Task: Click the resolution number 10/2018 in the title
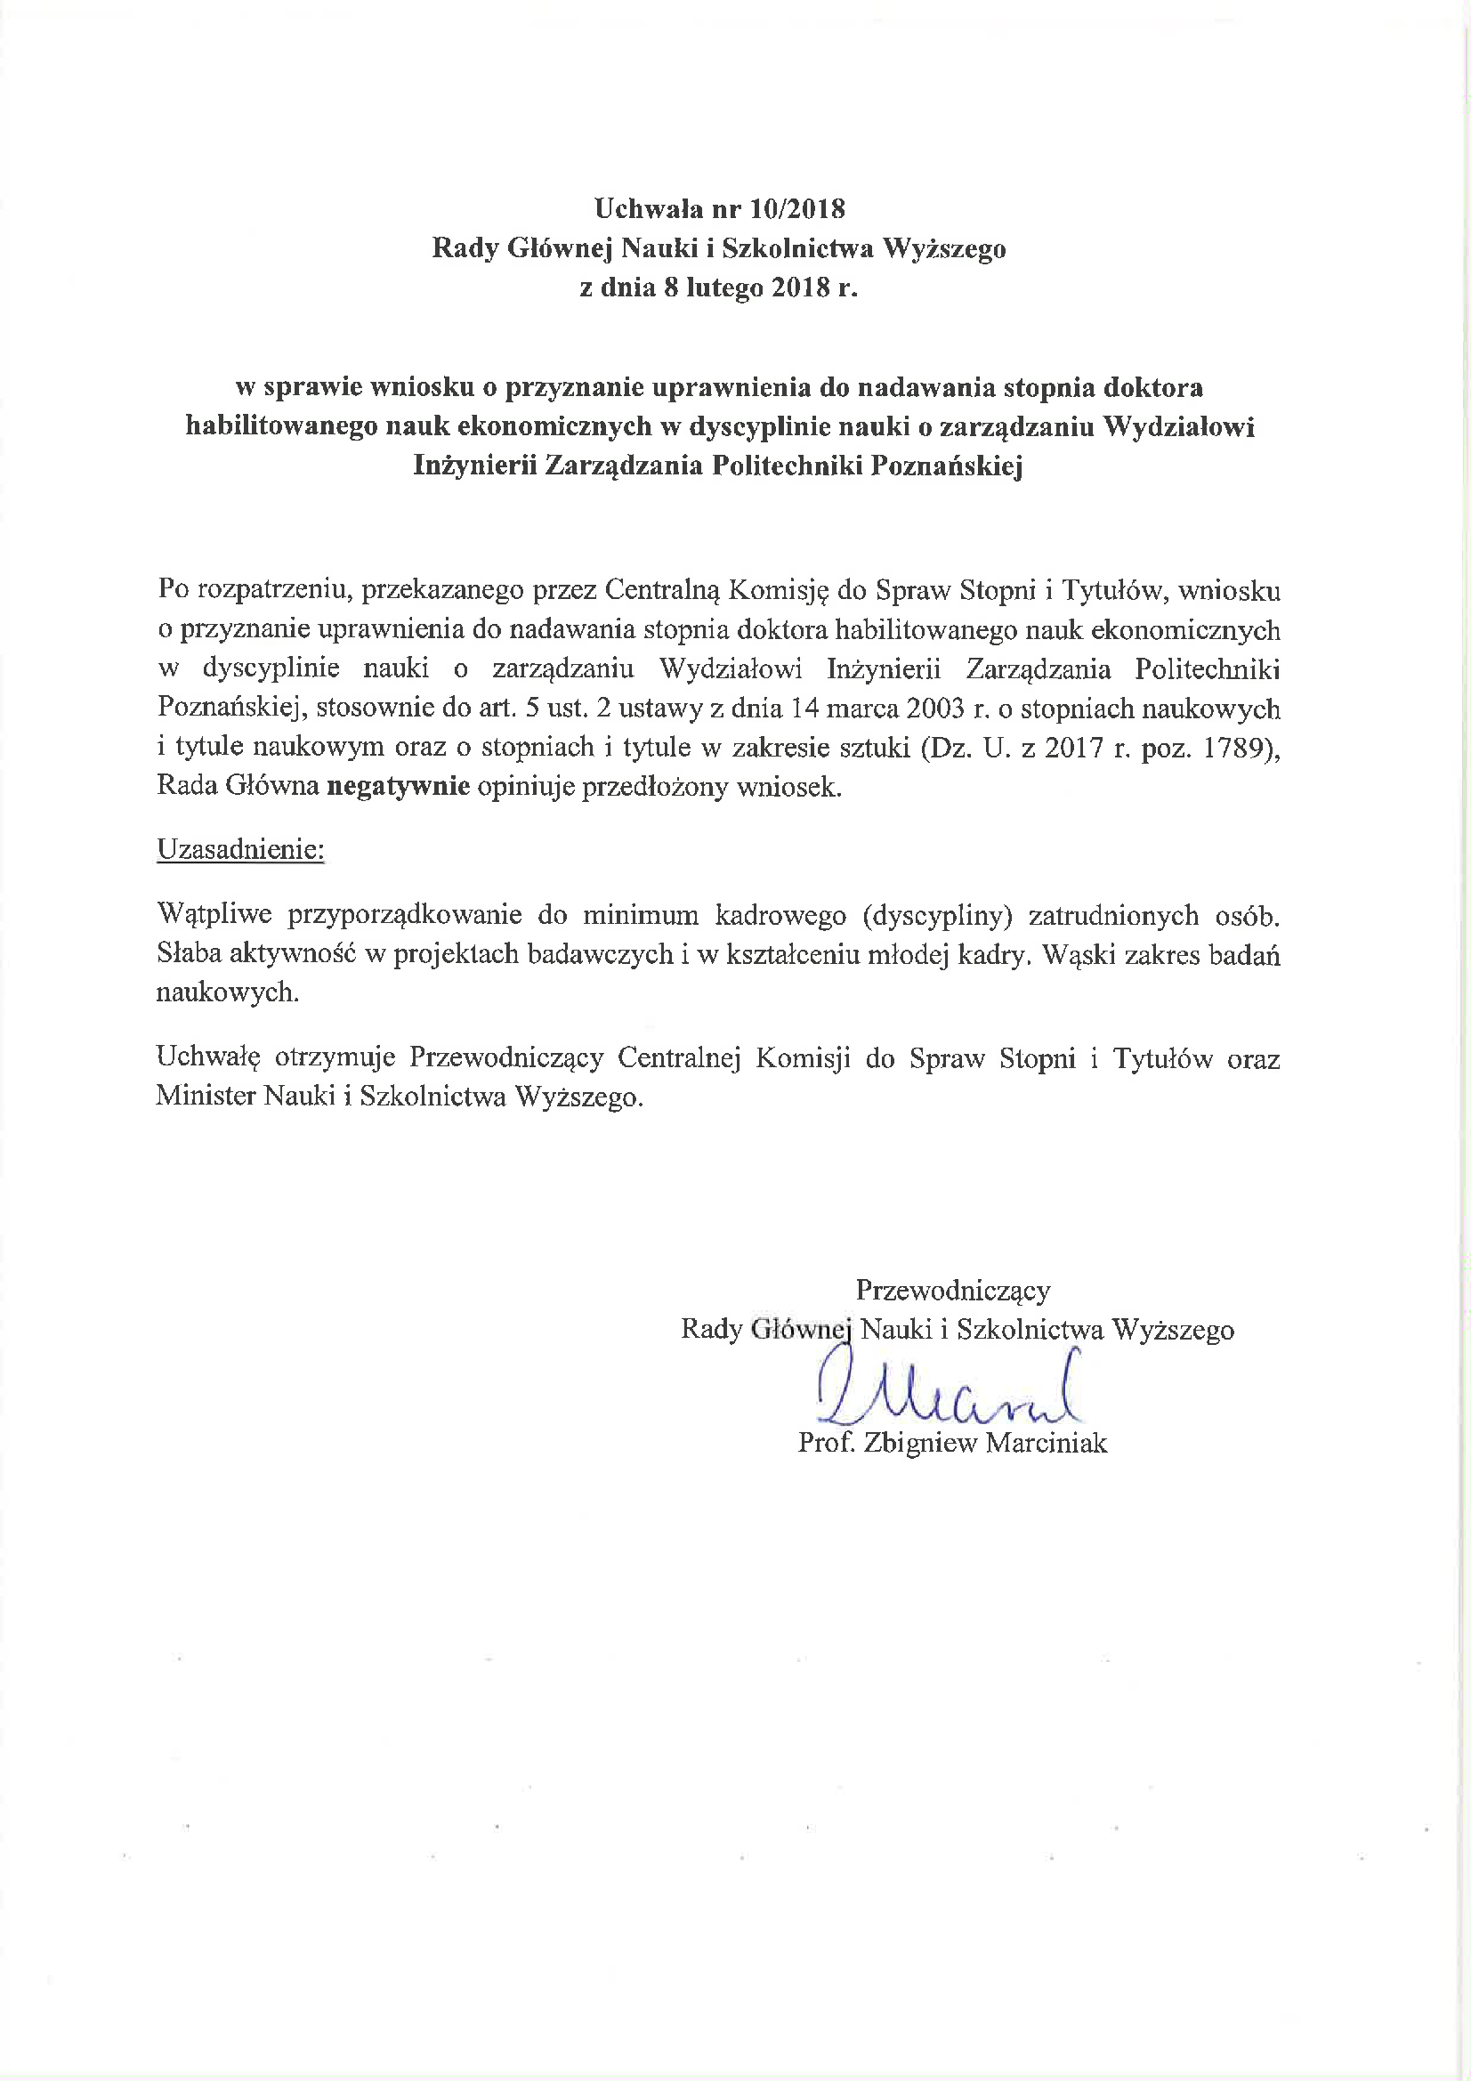click(797, 209)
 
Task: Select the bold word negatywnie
click(398, 786)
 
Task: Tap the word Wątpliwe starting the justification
click(214, 914)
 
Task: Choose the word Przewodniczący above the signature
click(952, 1290)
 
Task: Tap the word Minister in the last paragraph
click(205, 1097)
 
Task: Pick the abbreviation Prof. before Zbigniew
click(827, 1443)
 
